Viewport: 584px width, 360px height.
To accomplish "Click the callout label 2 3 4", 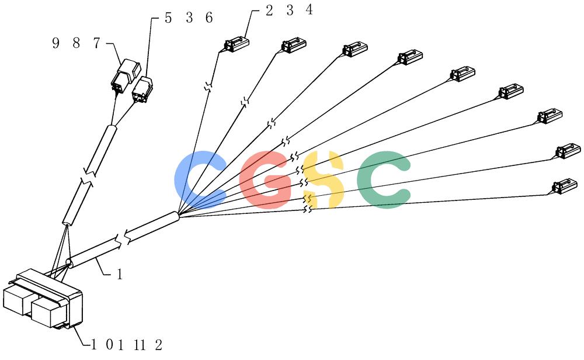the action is (289, 10).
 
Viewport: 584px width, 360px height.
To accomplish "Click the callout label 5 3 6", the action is (189, 18).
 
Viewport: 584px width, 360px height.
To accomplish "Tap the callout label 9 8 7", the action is (77, 44).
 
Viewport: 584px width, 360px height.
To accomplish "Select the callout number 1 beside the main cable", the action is (119, 275).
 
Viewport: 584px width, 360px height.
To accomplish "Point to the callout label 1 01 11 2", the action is (127, 345).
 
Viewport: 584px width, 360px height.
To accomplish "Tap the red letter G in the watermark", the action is (266, 179).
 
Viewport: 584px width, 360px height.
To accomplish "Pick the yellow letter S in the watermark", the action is (324, 179).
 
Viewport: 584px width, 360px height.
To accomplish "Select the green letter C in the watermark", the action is (384, 179).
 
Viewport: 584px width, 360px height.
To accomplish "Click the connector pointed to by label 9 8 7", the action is (126, 75).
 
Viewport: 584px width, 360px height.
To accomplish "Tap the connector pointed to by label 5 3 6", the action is (142, 89).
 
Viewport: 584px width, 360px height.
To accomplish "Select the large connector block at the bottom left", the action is (43, 300).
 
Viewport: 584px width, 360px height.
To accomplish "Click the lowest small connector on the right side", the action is (565, 186).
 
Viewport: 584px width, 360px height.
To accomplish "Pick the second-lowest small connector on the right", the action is (568, 151).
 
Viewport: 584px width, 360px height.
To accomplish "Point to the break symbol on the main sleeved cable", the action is (123, 239).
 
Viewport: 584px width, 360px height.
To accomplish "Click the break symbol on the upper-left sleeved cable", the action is (89, 178).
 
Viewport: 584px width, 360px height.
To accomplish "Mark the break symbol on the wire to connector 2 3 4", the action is (208, 88).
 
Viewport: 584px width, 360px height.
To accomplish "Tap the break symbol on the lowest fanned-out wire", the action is (308, 209).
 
